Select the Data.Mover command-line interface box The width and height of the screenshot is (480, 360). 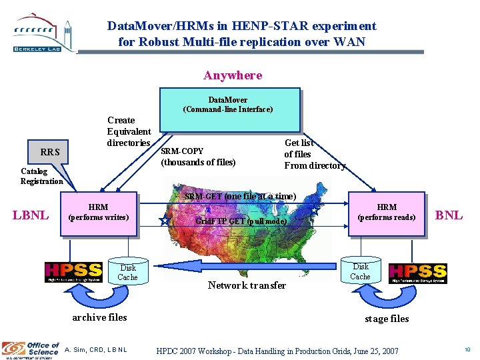click(227, 109)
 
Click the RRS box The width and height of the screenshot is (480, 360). click(50, 152)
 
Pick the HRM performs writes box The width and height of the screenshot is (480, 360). click(98, 213)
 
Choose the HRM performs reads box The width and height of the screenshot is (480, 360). click(386, 213)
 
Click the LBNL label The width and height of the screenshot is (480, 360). click(30, 215)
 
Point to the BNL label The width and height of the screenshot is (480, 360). click(449, 215)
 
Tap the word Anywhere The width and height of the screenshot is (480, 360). click(233, 75)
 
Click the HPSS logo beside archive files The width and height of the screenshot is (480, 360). click(73, 272)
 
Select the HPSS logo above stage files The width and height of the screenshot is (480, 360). click(417, 272)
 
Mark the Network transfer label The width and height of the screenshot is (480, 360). click(247, 285)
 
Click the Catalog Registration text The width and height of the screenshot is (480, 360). click(41, 176)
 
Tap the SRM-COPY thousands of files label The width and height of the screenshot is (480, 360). click(198, 157)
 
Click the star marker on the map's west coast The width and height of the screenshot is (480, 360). click(164, 221)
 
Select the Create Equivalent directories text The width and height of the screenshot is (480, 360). click(129, 131)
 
